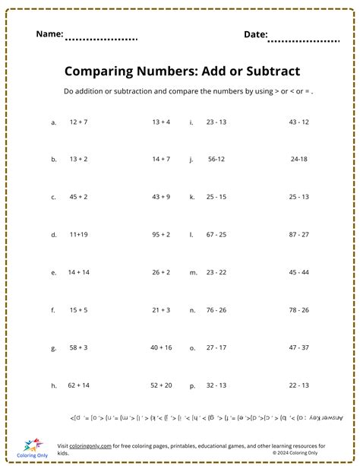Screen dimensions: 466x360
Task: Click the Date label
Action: (255, 34)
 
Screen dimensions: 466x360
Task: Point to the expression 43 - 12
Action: (298, 122)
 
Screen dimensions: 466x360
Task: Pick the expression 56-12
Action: (216, 160)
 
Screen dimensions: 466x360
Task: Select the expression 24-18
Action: (298, 160)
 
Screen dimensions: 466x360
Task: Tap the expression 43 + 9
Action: (160, 197)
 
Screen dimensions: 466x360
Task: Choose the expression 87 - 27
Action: (298, 235)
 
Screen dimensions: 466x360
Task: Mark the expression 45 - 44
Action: (298, 272)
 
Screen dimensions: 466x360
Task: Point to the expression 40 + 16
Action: (160, 347)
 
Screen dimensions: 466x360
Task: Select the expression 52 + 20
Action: (160, 385)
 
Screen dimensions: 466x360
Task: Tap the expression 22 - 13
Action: (298, 385)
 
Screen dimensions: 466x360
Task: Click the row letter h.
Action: (54, 385)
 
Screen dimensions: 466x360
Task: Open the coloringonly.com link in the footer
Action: (94, 445)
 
